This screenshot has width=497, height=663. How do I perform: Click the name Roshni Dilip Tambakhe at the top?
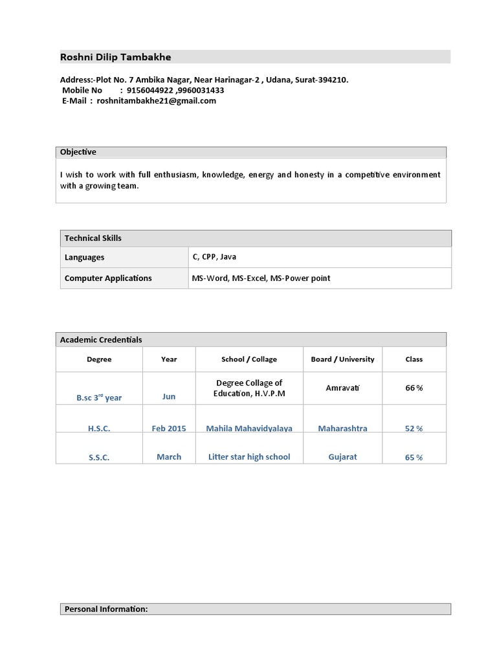click(x=116, y=57)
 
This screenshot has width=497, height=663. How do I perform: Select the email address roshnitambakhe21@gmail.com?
click(x=156, y=101)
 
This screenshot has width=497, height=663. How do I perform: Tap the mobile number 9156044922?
click(x=149, y=91)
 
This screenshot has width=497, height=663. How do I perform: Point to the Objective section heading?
click(x=78, y=152)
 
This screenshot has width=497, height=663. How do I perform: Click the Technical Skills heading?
click(x=93, y=238)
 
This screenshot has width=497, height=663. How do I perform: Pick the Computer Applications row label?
click(x=108, y=278)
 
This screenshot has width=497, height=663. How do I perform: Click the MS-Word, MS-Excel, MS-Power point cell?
click(x=261, y=278)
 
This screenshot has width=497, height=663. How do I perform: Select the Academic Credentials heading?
click(x=101, y=340)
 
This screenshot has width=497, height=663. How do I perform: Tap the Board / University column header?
click(x=342, y=359)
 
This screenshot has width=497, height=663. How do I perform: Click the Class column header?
click(x=414, y=359)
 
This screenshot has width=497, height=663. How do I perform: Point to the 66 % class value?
click(x=414, y=388)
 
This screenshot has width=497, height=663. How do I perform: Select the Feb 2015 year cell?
click(x=169, y=429)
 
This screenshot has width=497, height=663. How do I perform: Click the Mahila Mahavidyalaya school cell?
click(x=249, y=429)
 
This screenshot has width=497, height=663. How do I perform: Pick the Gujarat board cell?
click(x=342, y=457)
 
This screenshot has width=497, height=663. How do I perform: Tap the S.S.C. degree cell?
click(x=99, y=458)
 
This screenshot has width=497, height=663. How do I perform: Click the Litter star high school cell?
click(x=249, y=457)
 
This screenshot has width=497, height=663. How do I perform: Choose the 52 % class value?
click(x=414, y=429)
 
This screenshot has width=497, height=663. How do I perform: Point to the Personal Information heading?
click(x=106, y=609)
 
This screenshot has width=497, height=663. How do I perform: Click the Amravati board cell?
click(x=342, y=387)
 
